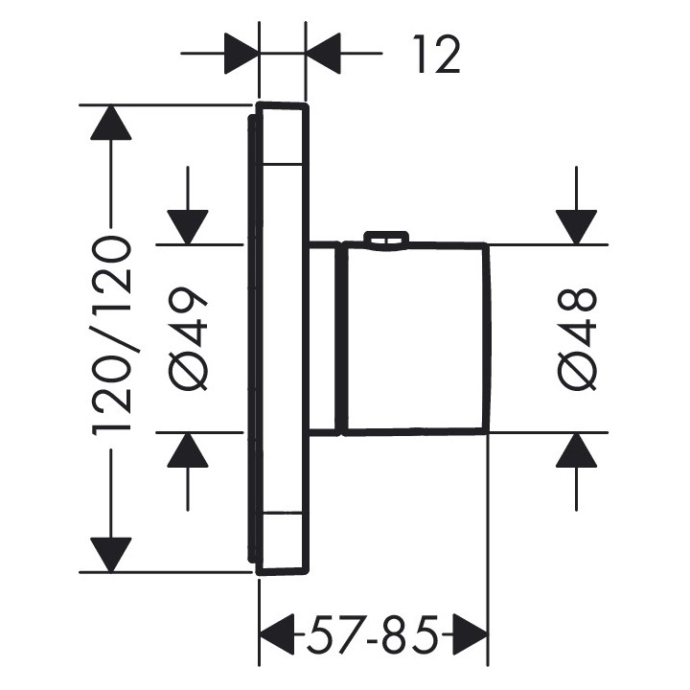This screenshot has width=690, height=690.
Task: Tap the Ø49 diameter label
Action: pos(190,337)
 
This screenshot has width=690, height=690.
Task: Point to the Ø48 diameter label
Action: pos(579,337)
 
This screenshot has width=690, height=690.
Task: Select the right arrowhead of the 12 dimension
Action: pos(323,54)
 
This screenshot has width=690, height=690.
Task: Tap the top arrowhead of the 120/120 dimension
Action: pos(111,122)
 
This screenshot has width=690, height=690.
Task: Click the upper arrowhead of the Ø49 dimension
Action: pos(189,226)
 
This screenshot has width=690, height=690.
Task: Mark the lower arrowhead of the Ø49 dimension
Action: pos(189,449)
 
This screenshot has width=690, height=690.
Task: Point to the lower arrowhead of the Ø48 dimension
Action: pos(578,449)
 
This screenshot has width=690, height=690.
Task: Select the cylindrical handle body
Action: pos(417,337)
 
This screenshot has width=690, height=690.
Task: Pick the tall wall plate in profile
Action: pos(281,337)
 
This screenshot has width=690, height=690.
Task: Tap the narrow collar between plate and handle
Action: pos(325,337)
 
